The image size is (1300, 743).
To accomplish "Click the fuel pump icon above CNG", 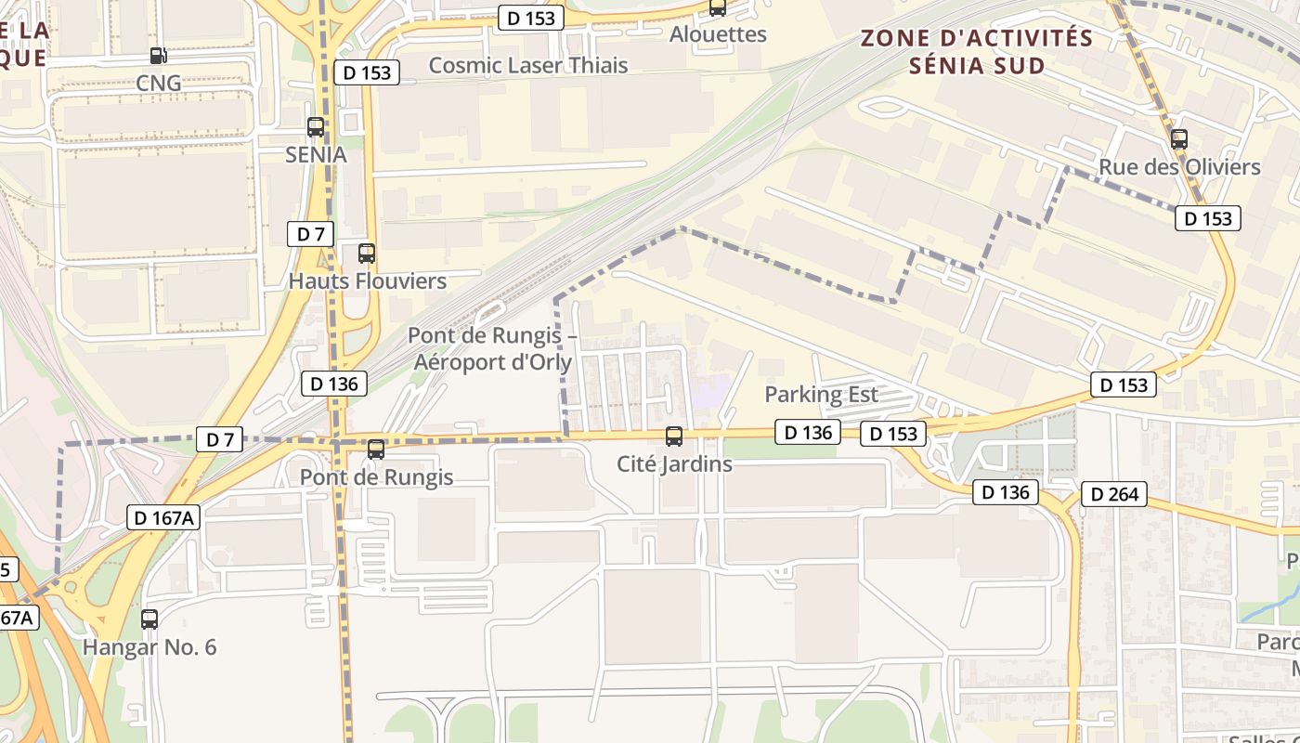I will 158,56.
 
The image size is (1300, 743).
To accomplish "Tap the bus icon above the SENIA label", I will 316,127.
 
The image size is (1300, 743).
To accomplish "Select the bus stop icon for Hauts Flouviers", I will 367,253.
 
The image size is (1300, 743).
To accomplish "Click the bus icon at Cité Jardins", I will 674,436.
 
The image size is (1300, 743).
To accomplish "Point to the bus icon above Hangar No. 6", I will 149,619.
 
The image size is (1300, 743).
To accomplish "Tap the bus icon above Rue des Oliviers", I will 1179,139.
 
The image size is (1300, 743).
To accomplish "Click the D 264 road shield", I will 1113,495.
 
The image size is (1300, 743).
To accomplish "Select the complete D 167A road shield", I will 163,518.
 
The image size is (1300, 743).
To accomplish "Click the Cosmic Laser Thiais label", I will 527,65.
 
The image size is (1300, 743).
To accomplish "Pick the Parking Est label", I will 821,394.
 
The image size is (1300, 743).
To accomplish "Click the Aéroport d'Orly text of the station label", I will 492,361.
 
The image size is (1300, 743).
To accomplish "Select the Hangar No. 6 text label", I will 149,646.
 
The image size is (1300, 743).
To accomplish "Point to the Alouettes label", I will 718,34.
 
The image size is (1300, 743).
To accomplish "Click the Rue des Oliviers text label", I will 1179,167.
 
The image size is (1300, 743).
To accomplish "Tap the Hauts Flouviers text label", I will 368,280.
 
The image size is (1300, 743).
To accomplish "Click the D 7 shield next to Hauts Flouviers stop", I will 310,234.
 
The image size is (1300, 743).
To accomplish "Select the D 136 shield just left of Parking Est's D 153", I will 807,432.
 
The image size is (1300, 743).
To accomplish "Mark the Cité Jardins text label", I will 674,463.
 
